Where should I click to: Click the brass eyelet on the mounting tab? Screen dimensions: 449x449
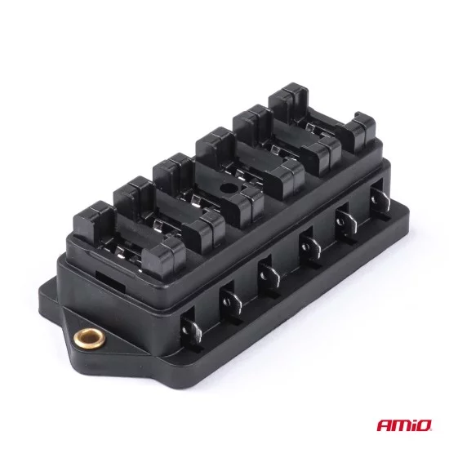pyautogui.click(x=89, y=339)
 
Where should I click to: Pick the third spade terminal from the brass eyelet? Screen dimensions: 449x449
pyautogui.click(x=269, y=275)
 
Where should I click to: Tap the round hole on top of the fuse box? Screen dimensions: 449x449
pyautogui.click(x=227, y=188)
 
